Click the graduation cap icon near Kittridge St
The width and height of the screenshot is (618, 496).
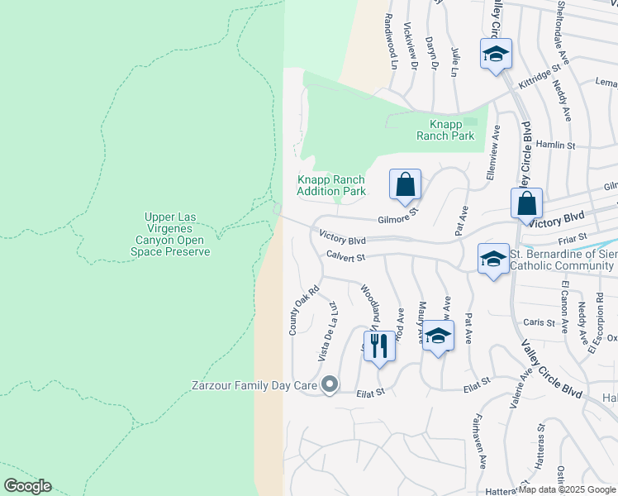(x=496, y=55)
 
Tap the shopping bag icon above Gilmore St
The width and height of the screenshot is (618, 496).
(x=405, y=184)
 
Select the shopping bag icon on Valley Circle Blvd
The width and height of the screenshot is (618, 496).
(x=526, y=203)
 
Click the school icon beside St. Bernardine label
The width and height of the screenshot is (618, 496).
(x=493, y=258)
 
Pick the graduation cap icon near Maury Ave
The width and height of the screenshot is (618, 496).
(x=439, y=336)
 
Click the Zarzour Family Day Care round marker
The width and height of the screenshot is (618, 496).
(x=330, y=384)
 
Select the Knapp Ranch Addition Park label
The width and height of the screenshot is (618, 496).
(x=331, y=185)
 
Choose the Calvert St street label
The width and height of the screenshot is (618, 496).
(x=345, y=257)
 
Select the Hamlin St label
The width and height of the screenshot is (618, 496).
(x=555, y=145)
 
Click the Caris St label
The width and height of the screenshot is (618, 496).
(x=537, y=322)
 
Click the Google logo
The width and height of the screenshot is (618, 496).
(x=27, y=486)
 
